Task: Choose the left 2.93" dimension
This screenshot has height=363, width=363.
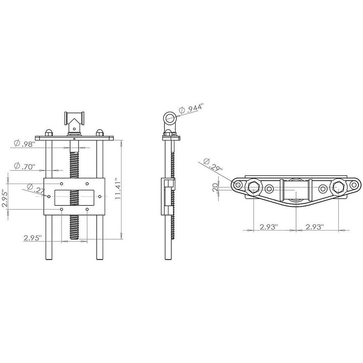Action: pyautogui.click(x=269, y=227)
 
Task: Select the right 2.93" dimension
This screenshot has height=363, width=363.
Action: pyautogui.click(x=314, y=227)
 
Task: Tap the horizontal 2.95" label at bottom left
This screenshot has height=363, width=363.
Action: pyautogui.click(x=32, y=238)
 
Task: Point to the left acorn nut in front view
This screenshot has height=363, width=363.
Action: pyautogui.click(x=49, y=132)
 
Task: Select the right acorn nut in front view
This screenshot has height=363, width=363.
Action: pyautogui.click(x=99, y=132)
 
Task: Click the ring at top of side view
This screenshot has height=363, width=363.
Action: pyautogui.click(x=170, y=118)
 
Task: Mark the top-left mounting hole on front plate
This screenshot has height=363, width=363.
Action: pyautogui.click(x=62, y=184)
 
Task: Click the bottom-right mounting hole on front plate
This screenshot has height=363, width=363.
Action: pyautogui.click(x=87, y=209)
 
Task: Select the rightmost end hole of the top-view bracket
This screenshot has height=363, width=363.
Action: pyautogui.click(x=353, y=185)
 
